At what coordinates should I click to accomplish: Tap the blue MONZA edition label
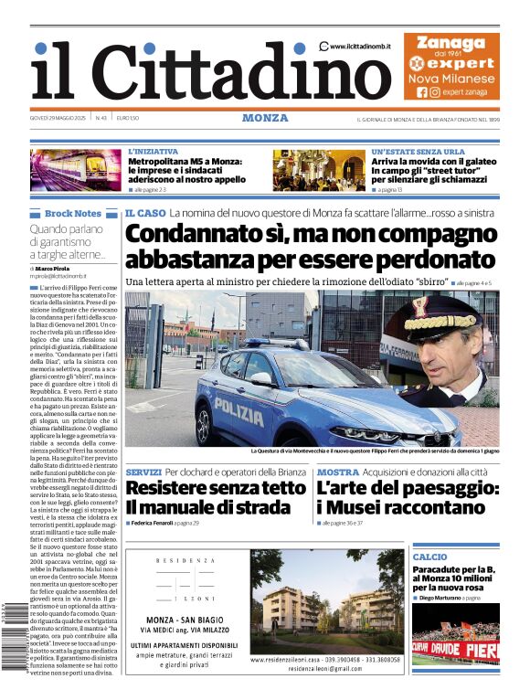[x=265, y=118]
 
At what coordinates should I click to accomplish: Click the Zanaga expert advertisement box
[x=451, y=66]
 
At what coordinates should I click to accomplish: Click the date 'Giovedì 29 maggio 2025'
[x=58, y=118]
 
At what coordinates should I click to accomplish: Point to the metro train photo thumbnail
[x=76, y=170]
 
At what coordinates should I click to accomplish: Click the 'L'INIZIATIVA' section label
[x=154, y=152]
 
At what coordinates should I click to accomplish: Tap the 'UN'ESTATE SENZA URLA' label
[x=418, y=152]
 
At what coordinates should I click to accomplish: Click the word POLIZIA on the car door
[x=238, y=405]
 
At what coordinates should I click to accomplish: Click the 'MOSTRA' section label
[x=337, y=472]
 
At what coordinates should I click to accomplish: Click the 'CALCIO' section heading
[x=429, y=557]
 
